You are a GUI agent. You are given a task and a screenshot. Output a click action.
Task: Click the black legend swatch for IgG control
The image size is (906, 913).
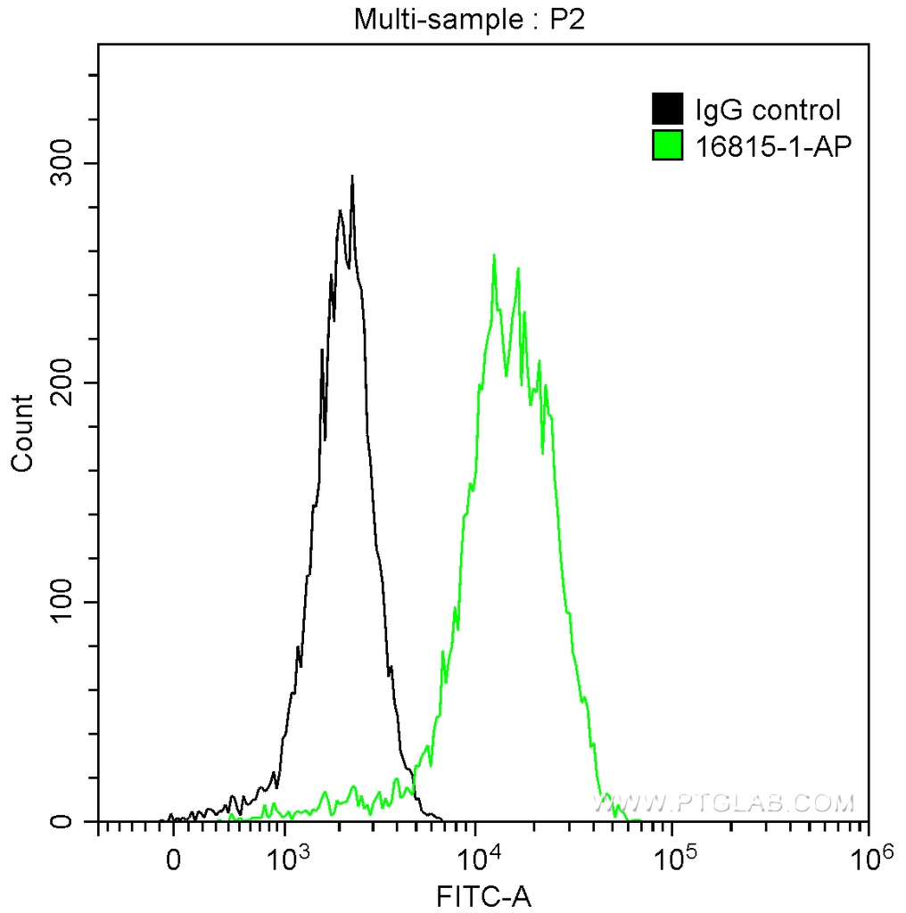pyautogui.click(x=668, y=111)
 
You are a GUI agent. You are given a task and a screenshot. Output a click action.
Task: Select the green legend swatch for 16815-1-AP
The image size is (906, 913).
pyautogui.click(x=668, y=145)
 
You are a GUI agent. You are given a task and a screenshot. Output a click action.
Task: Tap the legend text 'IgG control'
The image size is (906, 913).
pyautogui.click(x=768, y=111)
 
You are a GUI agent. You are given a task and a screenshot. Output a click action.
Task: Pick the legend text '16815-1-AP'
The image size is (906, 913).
pyautogui.click(x=768, y=145)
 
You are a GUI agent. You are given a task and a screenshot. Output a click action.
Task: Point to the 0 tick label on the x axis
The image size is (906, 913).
pyautogui.click(x=173, y=862)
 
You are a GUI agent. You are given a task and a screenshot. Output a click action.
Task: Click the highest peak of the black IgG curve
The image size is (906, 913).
pyautogui.click(x=352, y=177)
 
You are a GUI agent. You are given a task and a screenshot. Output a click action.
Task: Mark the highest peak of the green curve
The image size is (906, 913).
pyautogui.click(x=494, y=256)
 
